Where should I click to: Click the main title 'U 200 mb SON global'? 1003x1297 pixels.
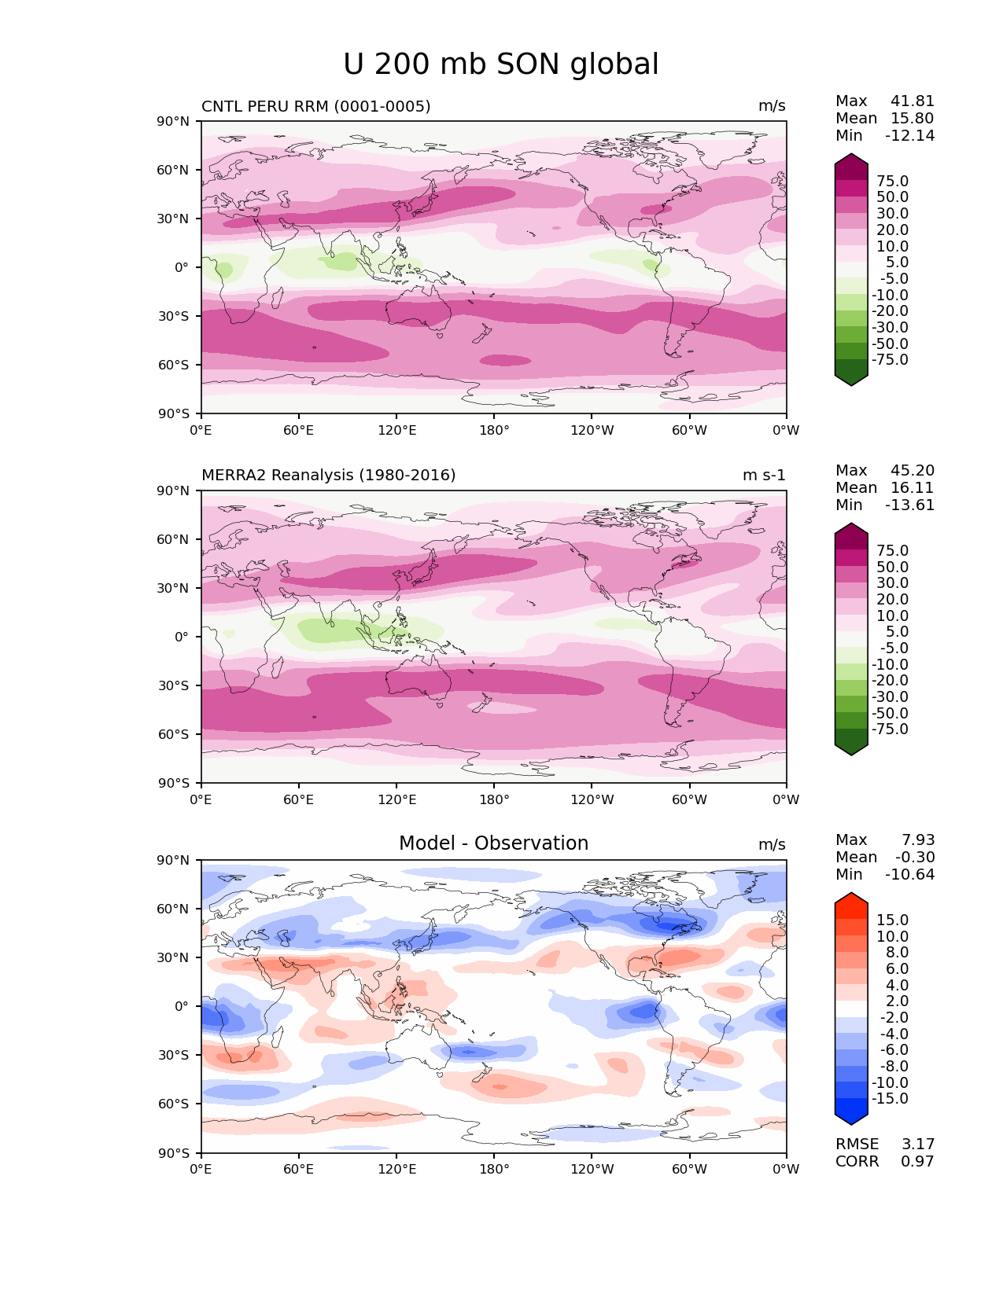(x=500, y=64)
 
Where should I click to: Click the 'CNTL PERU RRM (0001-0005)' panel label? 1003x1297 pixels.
(x=315, y=106)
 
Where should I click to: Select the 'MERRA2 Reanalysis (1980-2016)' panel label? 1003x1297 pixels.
(x=328, y=476)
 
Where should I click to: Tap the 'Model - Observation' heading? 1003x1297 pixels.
(x=493, y=843)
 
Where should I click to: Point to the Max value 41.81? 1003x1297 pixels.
(x=912, y=101)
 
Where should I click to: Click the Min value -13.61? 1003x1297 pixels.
(x=909, y=505)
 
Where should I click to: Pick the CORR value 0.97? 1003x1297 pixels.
(x=917, y=1162)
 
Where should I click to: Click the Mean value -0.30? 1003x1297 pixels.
(x=914, y=858)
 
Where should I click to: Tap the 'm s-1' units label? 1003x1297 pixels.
(x=764, y=476)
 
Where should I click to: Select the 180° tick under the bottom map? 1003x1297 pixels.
(x=494, y=1170)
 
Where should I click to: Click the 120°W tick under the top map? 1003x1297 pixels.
(x=592, y=431)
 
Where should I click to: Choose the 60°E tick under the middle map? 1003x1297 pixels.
(x=299, y=800)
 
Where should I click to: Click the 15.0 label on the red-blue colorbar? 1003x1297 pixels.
(x=892, y=920)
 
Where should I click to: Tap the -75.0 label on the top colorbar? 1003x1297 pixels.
(x=889, y=360)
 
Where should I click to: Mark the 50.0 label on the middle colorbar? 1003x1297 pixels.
(x=892, y=568)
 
